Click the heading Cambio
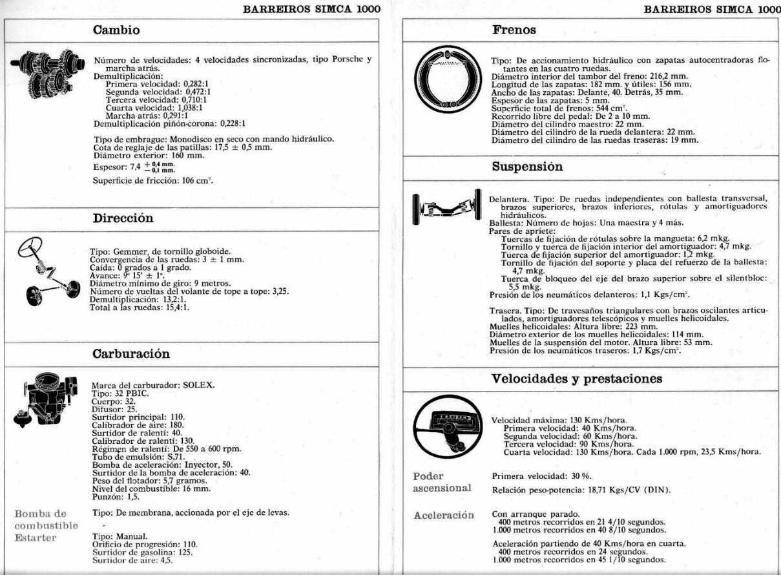point(116,30)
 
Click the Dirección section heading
point(123,218)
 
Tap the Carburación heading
point(131,353)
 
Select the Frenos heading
point(514,30)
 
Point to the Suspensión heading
point(527,167)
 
